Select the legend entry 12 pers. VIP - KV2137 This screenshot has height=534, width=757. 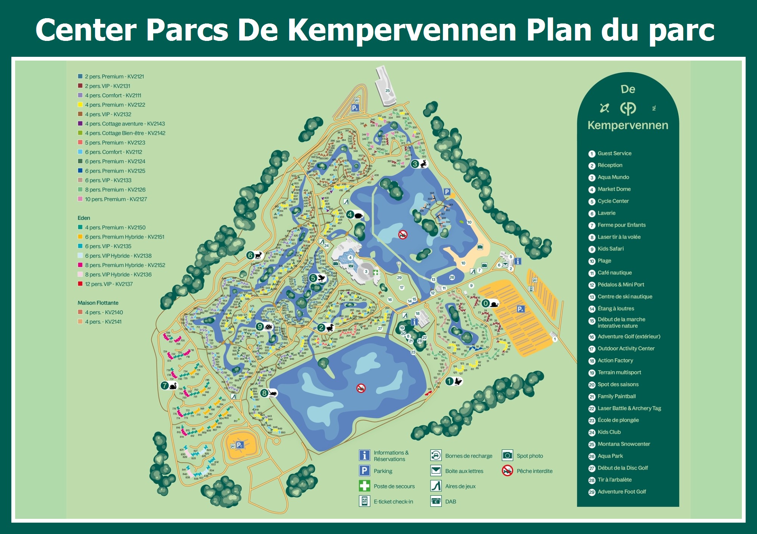(x=109, y=284)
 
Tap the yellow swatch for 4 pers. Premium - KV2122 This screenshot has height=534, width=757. (x=80, y=105)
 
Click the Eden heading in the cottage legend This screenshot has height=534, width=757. (x=84, y=218)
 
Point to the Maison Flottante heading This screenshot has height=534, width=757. (x=98, y=303)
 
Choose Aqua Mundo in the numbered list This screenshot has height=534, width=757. (x=613, y=177)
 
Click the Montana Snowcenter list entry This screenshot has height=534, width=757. (x=623, y=444)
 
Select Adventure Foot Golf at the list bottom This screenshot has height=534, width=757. (x=621, y=492)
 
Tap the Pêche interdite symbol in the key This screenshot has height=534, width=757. (x=507, y=471)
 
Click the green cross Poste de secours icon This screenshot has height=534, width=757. (x=364, y=486)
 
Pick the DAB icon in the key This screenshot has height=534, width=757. (x=436, y=501)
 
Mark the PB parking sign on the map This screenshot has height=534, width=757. (x=355, y=108)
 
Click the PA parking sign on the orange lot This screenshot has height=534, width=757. (x=521, y=309)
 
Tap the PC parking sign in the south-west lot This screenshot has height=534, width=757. (x=240, y=445)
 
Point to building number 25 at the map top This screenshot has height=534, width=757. (x=387, y=91)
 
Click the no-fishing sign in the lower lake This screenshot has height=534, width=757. (x=361, y=388)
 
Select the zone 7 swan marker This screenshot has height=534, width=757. (x=169, y=386)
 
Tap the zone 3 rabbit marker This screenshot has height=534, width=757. (x=419, y=164)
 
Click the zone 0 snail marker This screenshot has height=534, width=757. (x=490, y=303)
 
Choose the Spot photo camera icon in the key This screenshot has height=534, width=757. (x=507, y=455)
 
